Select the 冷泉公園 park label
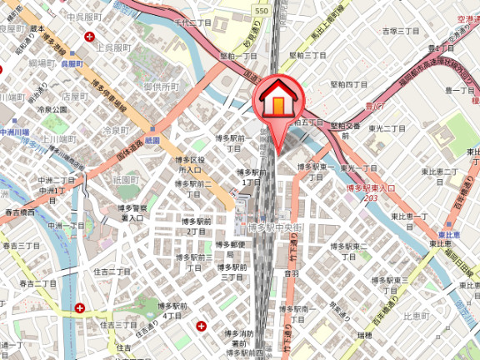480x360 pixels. [52, 109]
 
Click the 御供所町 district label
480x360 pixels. [161, 87]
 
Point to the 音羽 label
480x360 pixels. [291, 272]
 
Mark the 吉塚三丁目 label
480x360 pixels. [400, 31]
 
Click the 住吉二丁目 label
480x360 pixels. [112, 272]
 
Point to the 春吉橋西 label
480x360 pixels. [18, 213]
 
